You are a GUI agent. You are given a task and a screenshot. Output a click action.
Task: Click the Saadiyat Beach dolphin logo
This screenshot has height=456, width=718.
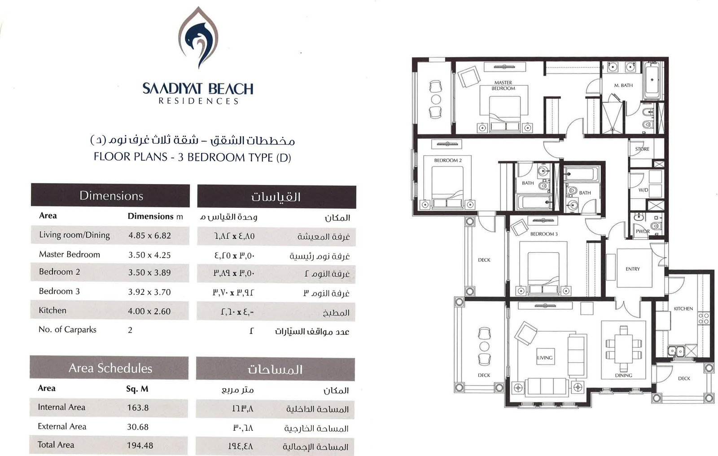(198, 38)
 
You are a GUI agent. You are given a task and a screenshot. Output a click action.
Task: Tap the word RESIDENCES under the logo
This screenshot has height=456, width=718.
(199, 101)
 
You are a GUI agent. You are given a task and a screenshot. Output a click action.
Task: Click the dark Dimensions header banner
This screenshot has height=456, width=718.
(110, 195)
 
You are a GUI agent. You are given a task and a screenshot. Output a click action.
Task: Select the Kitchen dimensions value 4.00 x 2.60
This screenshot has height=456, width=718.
(149, 311)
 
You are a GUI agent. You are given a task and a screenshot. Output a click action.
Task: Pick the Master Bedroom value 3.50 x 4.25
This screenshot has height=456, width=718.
(149, 255)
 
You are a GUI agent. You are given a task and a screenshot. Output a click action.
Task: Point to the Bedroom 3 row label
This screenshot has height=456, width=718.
(59, 291)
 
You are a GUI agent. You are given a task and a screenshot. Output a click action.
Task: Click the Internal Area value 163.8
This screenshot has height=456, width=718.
(138, 408)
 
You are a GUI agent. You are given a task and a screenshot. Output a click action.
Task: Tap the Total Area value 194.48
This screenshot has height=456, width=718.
(140, 445)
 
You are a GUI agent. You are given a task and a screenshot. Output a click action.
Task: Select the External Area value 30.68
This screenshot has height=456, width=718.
(138, 427)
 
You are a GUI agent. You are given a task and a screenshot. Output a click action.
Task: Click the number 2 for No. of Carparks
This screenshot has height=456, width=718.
(130, 330)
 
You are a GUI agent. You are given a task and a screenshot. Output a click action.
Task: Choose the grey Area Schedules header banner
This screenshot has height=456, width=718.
(109, 368)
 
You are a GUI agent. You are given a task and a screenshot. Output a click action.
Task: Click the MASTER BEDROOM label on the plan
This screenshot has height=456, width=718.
(503, 85)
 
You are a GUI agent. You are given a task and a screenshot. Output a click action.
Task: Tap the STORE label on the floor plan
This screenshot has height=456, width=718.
(642, 149)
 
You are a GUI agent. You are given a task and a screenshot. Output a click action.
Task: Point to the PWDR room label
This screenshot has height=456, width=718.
(643, 231)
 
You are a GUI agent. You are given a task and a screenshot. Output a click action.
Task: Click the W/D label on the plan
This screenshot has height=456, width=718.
(644, 190)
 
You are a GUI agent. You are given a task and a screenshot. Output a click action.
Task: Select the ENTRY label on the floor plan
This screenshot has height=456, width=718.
(633, 269)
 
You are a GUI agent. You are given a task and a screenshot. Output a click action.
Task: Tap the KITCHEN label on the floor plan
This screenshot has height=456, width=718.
(683, 308)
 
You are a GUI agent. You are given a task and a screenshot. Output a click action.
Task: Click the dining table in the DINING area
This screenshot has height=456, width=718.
(624, 349)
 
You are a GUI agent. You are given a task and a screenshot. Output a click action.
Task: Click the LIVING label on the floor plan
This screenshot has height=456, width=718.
(545, 358)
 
